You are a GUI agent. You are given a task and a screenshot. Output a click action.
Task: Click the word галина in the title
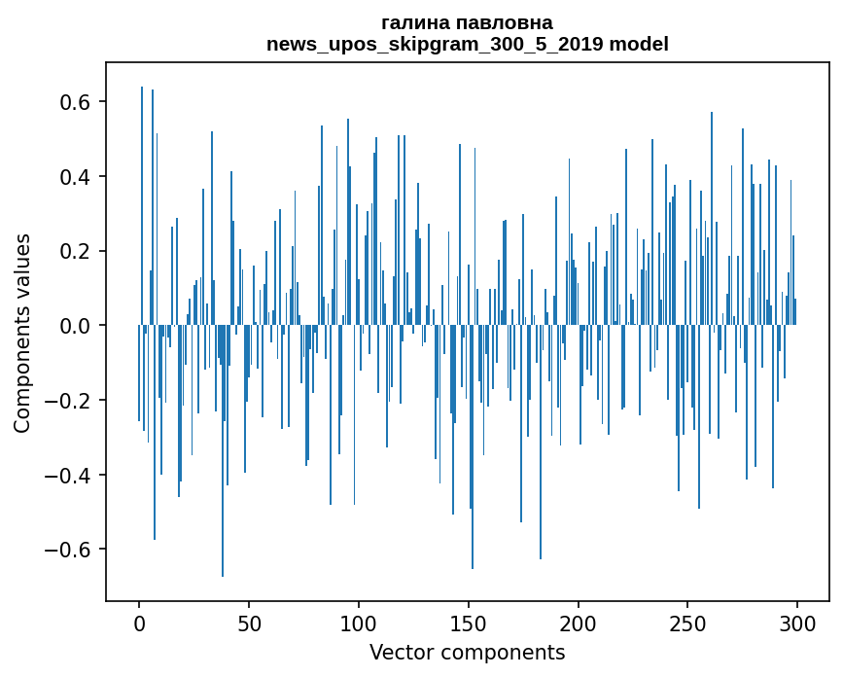pos(415,22)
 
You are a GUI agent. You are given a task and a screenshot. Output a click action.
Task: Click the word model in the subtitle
pos(645,44)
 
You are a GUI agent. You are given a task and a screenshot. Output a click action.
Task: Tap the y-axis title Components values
pos(21,333)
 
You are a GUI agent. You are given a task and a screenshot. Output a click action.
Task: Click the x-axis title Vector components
pos(467,653)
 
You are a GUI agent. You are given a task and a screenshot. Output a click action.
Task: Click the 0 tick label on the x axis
pos(139,622)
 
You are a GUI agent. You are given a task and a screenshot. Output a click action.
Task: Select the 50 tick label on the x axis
pos(249,622)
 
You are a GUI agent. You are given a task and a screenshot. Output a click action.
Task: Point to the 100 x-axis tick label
pos(359,622)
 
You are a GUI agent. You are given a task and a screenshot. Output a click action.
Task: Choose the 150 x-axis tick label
pos(469,622)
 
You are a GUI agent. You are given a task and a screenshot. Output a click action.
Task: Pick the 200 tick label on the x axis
pos(579,622)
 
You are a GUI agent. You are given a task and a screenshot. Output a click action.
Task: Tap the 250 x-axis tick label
pos(688,622)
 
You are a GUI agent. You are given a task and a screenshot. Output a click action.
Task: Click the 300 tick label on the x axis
pos(797,622)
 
